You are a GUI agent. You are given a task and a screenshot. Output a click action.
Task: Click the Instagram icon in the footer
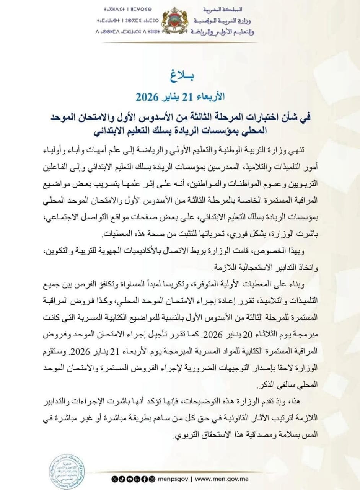pos(152,479)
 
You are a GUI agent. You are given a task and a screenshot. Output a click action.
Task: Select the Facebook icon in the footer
pos(145,479)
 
